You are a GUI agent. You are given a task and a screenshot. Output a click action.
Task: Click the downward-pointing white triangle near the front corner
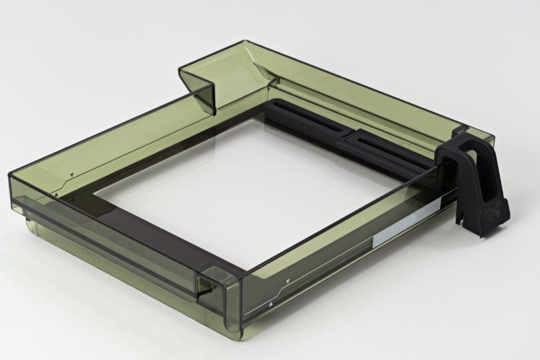(x=288, y=280)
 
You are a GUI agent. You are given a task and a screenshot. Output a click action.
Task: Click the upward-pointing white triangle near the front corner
(x=271, y=305)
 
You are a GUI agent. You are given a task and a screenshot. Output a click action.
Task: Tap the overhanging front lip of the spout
(x=202, y=95)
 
